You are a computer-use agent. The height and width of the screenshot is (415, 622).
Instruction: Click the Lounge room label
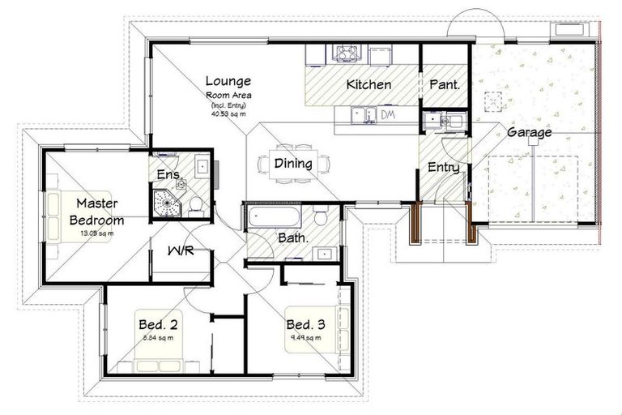pyautogui.click(x=228, y=81)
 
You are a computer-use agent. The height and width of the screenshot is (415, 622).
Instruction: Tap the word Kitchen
pyautogui.click(x=369, y=85)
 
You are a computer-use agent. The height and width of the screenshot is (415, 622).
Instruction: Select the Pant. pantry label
pyautogui.click(x=444, y=84)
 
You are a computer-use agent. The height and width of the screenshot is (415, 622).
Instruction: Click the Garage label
pyautogui.click(x=529, y=132)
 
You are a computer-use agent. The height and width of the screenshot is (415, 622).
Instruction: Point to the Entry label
pyautogui.click(x=444, y=168)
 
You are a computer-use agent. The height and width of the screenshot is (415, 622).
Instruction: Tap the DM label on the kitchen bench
pyautogui.click(x=388, y=116)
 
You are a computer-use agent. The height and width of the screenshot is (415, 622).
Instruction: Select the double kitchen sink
pyautogui.click(x=362, y=116)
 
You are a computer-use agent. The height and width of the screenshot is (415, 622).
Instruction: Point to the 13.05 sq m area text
pyautogui.click(x=96, y=234)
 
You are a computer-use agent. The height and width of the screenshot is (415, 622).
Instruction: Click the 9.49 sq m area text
pyautogui.click(x=306, y=339)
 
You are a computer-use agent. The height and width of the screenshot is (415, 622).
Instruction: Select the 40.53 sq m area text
pyautogui.click(x=228, y=114)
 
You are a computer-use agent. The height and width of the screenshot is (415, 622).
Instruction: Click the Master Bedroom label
pyautogui.click(x=96, y=212)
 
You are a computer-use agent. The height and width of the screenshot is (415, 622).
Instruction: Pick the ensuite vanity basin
pyautogui.click(x=202, y=169)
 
